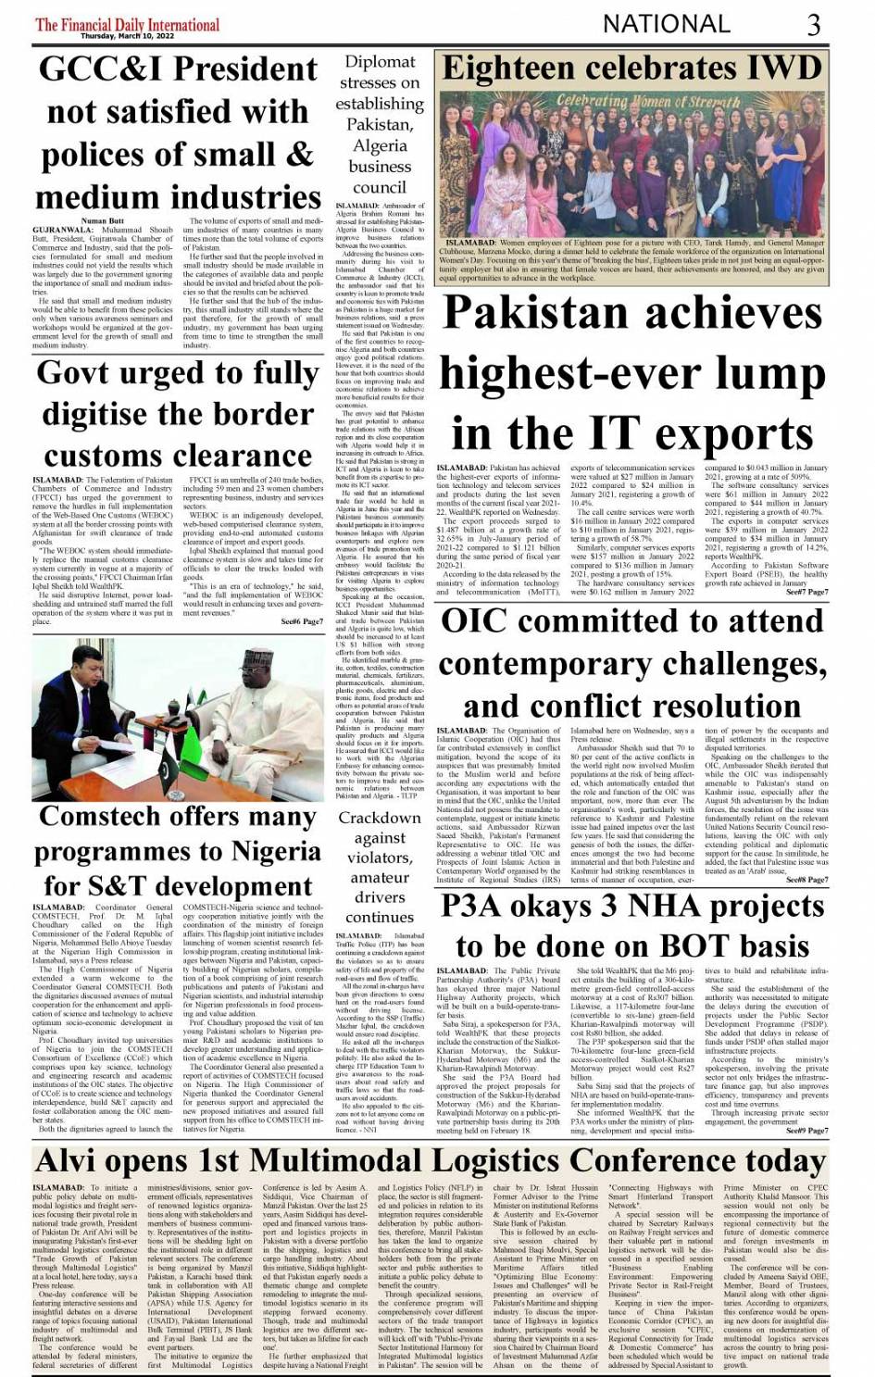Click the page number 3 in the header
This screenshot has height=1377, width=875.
(x=814, y=24)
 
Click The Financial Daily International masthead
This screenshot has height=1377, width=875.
(x=127, y=23)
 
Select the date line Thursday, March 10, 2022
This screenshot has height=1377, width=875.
(x=127, y=36)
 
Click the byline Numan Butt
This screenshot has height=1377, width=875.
(x=102, y=221)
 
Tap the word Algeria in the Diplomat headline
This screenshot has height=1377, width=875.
(x=380, y=145)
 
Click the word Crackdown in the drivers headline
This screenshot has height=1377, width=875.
(x=380, y=818)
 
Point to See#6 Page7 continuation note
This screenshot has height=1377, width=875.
(x=302, y=621)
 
